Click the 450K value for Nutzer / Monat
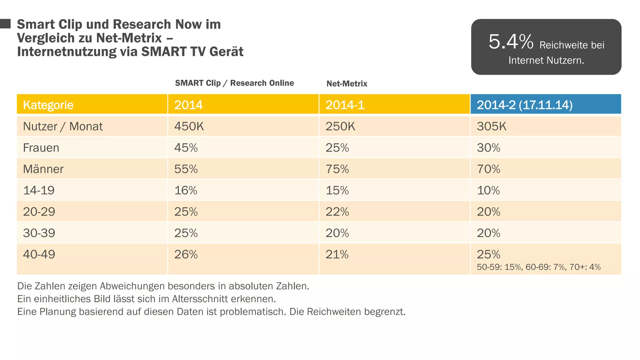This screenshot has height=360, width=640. pos(189,126)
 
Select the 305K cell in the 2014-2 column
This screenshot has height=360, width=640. pos(491,126)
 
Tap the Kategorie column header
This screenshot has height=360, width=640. pos(48,105)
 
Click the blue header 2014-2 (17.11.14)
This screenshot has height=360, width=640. pos(524,105)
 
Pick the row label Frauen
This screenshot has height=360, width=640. pos(41,147)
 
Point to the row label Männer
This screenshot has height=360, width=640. pos(43,169)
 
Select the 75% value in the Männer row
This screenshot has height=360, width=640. pos(337,169)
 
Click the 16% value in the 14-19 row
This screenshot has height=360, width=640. pos(186,190)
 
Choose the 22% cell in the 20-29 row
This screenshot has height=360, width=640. pos(337,212)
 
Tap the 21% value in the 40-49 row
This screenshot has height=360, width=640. pos(337,254)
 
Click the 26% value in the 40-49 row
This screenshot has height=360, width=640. pos(186,254)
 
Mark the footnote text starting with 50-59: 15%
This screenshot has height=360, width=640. pos(538,267)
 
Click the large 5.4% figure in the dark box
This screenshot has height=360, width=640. pos(511,42)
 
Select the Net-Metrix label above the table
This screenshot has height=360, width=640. pos(347,84)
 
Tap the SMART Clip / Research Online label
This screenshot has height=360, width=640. pos(234,83)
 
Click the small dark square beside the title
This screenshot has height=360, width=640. pos(5,24)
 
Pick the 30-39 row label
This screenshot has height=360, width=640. pos(39,233)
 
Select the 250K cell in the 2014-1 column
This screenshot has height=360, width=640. pos(340,126)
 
